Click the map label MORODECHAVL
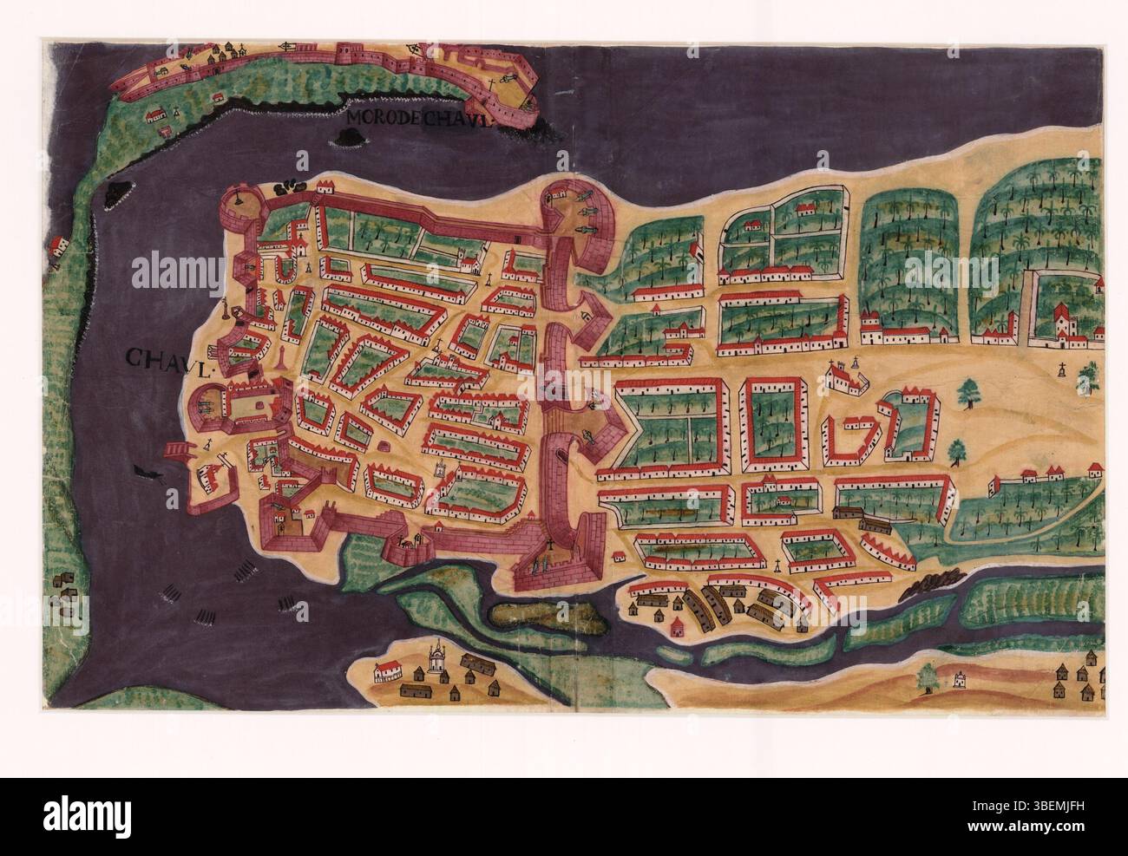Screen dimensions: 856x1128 (x=417, y=120)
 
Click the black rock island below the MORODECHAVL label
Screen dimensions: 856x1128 (x=353, y=135)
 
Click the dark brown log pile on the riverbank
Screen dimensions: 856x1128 (x=928, y=587)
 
